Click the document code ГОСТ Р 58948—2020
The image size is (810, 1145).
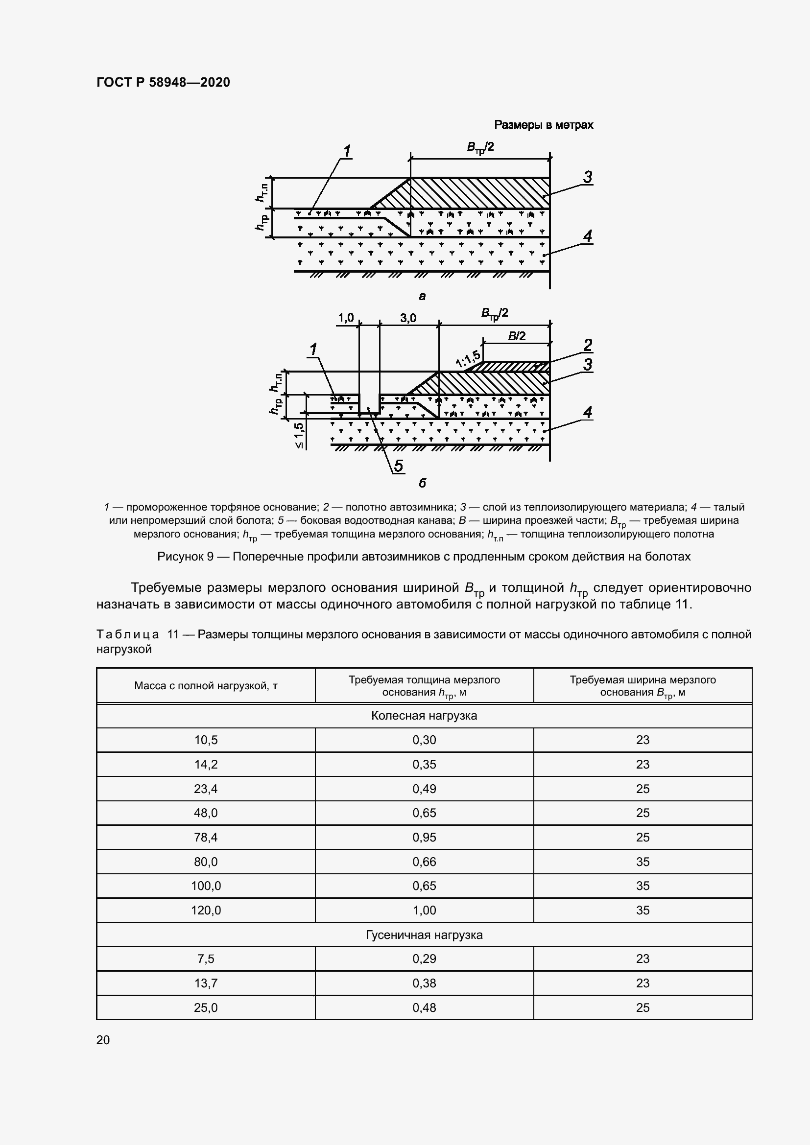click(163, 82)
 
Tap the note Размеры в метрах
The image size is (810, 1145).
click(544, 125)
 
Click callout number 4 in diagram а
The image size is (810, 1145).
click(588, 236)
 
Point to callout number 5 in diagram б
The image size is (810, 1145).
click(399, 466)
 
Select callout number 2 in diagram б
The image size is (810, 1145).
click(588, 345)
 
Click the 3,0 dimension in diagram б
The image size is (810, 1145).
click(408, 318)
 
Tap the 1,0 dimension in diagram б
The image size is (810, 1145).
click(346, 318)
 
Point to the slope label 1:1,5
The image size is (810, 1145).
click(468, 359)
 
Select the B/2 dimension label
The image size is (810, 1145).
click(517, 336)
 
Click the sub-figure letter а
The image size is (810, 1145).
click(422, 297)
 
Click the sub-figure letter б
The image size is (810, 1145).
click(422, 483)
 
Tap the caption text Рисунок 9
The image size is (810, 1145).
click(185, 557)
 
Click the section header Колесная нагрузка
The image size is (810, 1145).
click(424, 716)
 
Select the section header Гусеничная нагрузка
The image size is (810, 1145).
click(424, 935)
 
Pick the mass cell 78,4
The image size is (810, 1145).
click(206, 837)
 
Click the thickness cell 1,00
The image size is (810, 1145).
click(424, 911)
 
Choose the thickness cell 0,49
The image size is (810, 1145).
click(424, 789)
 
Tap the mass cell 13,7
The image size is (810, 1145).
click(206, 983)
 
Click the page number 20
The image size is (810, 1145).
click(103, 1040)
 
